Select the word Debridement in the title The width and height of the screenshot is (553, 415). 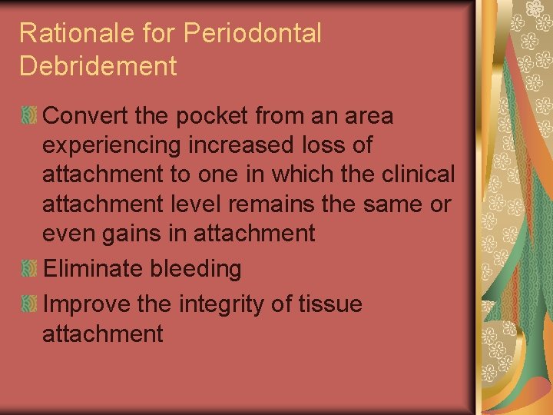pyautogui.click(x=98, y=66)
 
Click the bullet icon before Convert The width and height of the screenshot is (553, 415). pyautogui.click(x=30, y=117)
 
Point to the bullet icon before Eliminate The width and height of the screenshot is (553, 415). pyautogui.click(x=30, y=268)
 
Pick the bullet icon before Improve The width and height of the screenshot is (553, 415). pyautogui.click(x=30, y=304)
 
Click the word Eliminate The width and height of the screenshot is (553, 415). pyautogui.click(x=93, y=268)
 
